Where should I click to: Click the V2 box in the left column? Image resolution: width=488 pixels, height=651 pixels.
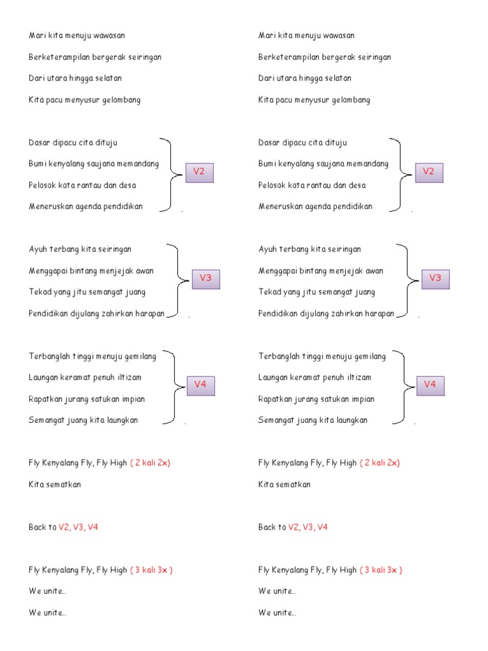pyautogui.click(x=199, y=172)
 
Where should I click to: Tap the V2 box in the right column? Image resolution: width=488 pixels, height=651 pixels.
pyautogui.click(x=429, y=172)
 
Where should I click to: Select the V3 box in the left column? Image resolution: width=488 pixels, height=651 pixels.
pyautogui.click(x=205, y=278)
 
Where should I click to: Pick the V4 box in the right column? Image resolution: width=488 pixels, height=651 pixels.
pyautogui.click(x=430, y=385)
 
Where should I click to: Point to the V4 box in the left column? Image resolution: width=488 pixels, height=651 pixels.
pyautogui.click(x=200, y=385)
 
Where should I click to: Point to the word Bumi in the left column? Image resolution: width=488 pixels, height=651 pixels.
pyautogui.click(x=37, y=164)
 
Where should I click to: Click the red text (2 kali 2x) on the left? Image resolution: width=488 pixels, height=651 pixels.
pyautogui.click(x=151, y=463)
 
